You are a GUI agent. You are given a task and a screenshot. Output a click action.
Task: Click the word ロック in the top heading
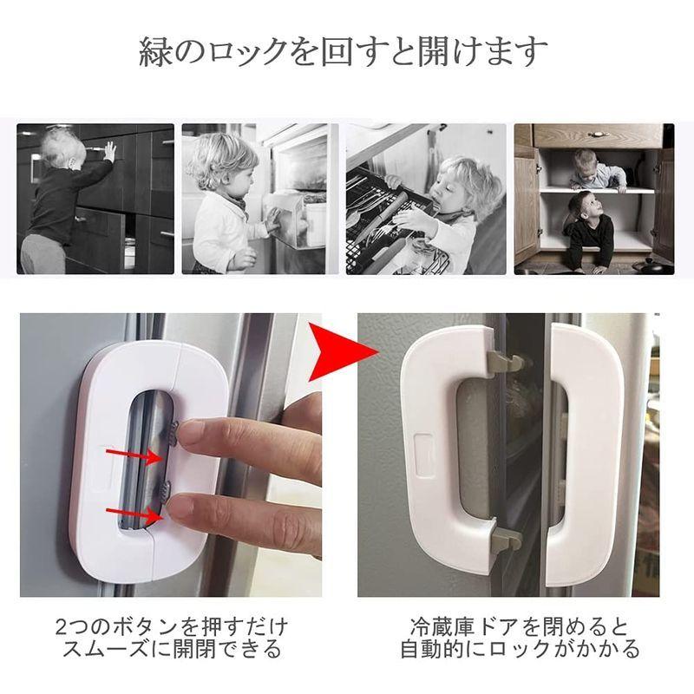[246, 52]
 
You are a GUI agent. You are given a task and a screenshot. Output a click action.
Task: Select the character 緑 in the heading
[155, 52]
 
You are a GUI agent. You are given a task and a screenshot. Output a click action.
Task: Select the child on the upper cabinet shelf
[599, 170]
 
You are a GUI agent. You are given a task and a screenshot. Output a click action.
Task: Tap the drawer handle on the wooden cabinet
[597, 133]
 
